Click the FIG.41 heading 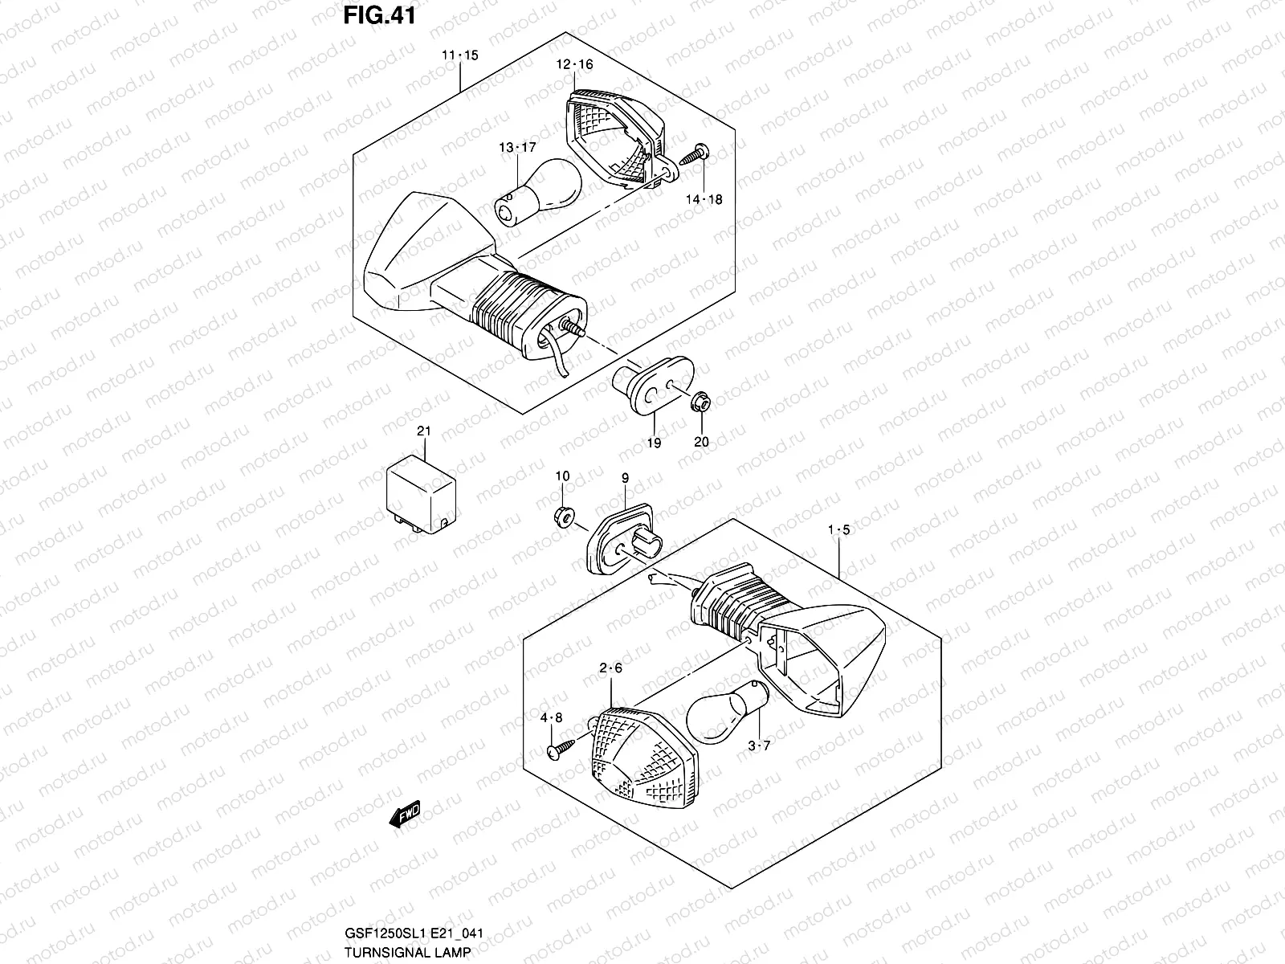[x=379, y=15]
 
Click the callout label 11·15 [x=459, y=55]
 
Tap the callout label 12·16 [x=574, y=64]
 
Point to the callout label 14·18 [x=704, y=199]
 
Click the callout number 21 [x=423, y=431]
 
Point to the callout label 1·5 [x=839, y=530]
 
